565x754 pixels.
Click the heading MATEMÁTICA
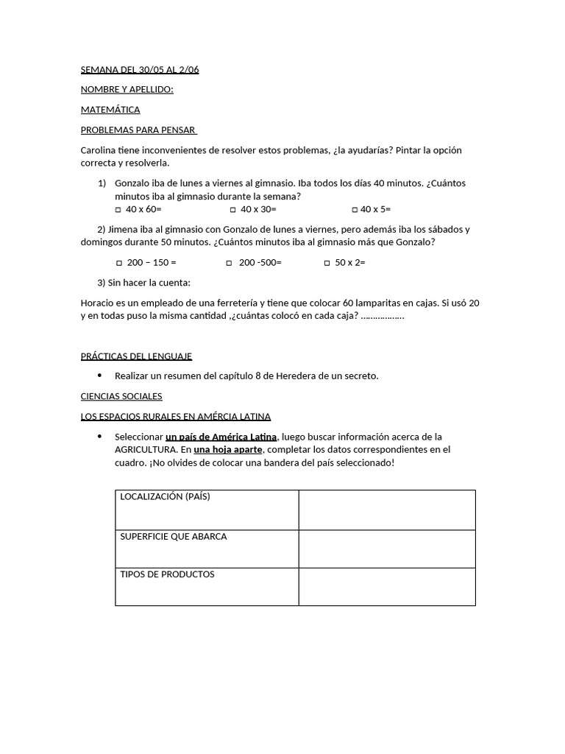110,110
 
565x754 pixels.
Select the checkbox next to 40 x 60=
119,210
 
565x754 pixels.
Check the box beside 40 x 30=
233,210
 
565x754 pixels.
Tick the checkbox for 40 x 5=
355,210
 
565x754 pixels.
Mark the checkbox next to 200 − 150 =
119,263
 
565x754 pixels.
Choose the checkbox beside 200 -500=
229,263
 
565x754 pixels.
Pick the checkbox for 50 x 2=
327,263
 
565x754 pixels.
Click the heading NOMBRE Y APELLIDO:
127,90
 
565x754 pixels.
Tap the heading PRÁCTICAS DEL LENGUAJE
136,356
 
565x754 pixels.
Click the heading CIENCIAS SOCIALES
121,396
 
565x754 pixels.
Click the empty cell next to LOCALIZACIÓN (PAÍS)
387,510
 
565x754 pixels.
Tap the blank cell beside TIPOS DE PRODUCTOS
387,587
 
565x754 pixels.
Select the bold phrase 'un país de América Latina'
221,437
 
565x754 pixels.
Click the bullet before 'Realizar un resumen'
99,376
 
